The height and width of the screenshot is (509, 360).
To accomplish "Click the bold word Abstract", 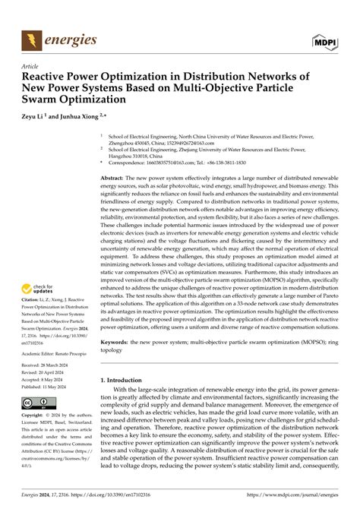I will point(114,176).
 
